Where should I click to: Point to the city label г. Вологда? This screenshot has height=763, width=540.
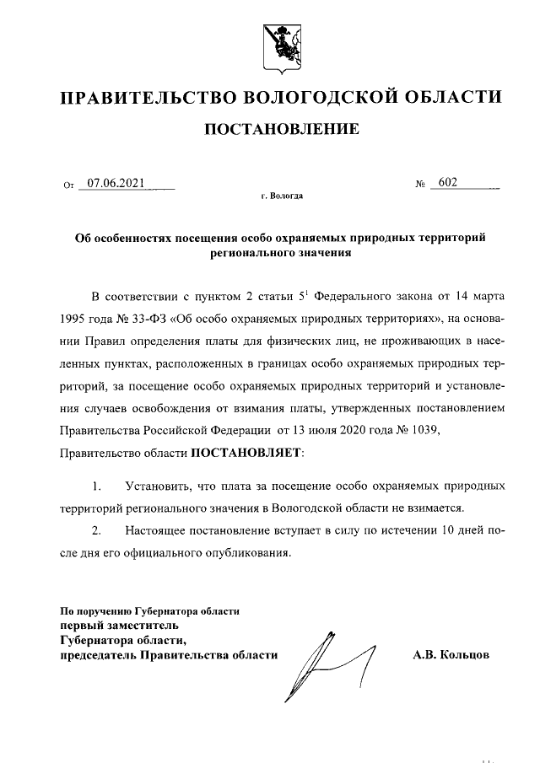coord(282,196)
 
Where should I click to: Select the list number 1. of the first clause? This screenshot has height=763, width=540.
coord(97,486)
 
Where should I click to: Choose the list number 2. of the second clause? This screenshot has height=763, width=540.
coord(97,531)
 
